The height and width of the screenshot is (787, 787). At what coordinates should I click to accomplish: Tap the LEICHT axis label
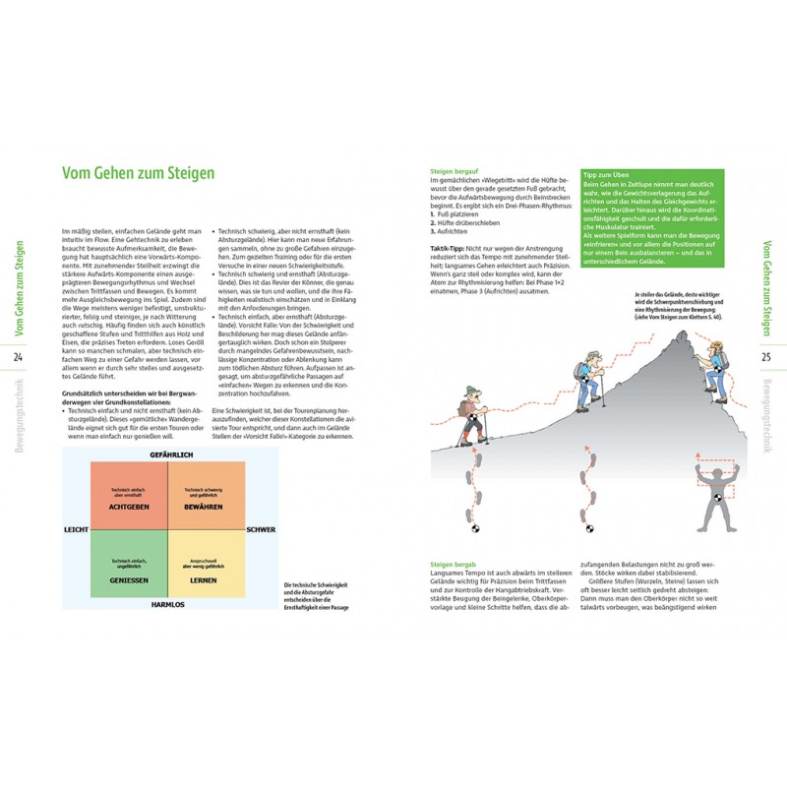[x=76, y=529]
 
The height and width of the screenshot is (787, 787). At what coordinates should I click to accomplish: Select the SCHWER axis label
[x=262, y=529]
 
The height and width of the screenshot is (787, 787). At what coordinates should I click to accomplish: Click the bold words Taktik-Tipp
[x=451, y=250]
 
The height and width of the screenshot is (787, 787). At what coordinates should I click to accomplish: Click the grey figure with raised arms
[x=715, y=497]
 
